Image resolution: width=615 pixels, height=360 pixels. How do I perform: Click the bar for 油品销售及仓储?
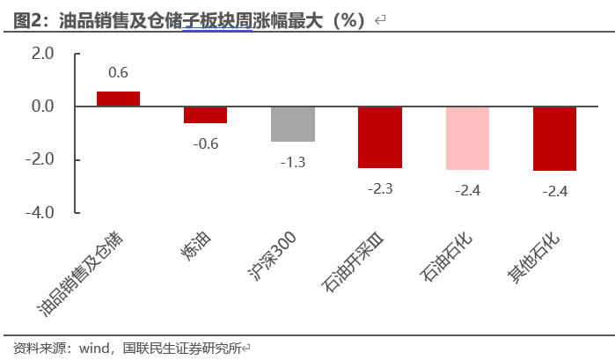tap(118, 99)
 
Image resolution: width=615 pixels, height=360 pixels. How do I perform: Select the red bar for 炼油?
tap(205, 115)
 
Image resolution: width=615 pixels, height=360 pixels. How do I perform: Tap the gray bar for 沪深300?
tap(293, 124)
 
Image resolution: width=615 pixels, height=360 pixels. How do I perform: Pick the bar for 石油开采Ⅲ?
tap(380, 137)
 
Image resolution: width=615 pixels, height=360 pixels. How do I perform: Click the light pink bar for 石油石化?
tap(467, 138)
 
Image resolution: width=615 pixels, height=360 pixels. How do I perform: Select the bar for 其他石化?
tap(554, 139)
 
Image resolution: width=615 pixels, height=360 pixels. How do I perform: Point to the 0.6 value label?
tap(118, 72)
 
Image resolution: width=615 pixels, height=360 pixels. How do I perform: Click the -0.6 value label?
tap(205, 143)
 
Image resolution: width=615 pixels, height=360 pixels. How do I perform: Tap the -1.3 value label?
tap(293, 162)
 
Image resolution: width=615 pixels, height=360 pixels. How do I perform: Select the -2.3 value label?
tap(380, 187)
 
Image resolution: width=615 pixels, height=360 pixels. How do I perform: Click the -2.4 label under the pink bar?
tap(467, 190)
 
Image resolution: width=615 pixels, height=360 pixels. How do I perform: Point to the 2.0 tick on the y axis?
tap(42, 54)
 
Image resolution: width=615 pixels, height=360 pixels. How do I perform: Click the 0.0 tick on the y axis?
tap(42, 107)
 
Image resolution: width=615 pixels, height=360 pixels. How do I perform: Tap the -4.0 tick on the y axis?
tap(40, 213)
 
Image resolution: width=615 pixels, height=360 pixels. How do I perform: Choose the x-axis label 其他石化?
tap(533, 260)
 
